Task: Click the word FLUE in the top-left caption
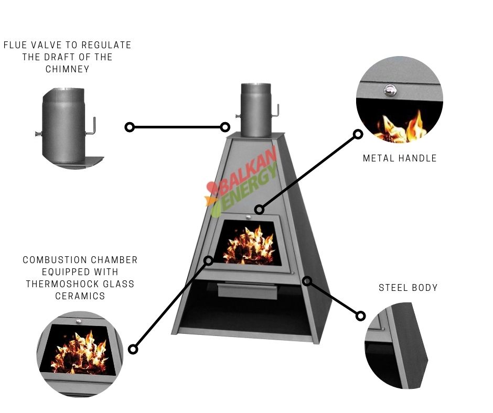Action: [16, 45]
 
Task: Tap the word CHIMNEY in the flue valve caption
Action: [67, 69]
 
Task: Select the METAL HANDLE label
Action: [400, 158]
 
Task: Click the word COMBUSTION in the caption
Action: [52, 260]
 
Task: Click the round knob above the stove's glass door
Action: [248, 216]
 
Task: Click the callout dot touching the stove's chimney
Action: [225, 127]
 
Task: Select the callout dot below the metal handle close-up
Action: [358, 134]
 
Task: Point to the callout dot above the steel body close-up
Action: [361, 316]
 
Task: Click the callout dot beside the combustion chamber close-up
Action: [133, 349]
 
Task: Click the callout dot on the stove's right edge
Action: [307, 281]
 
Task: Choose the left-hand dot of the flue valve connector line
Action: [130, 127]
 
